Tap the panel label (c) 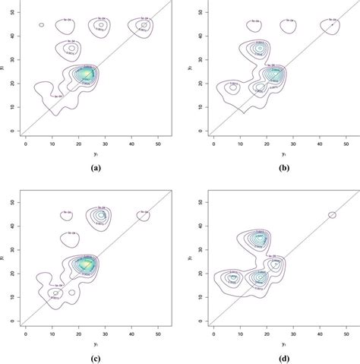93,356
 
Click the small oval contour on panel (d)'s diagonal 332,215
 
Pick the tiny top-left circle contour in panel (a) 41,25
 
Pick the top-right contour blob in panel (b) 332,25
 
